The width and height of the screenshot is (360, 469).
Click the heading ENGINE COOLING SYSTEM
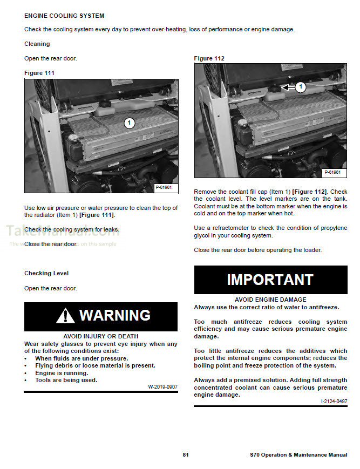pos(64,16)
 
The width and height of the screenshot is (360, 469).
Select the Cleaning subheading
pos(37,44)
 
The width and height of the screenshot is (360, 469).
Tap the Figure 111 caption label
pos(39,72)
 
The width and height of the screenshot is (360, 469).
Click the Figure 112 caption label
pos(209,58)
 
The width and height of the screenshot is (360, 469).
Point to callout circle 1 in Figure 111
pos(128,123)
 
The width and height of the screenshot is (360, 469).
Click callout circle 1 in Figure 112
pos(301,86)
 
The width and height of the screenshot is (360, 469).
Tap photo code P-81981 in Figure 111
pos(164,187)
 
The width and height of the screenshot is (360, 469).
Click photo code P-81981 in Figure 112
pos(334,172)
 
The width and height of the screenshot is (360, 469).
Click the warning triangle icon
pos(65,316)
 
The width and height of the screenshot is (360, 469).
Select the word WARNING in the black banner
pos(114,315)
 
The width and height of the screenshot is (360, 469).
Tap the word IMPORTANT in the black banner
pos(270,280)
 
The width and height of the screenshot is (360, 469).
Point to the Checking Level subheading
pos(46,273)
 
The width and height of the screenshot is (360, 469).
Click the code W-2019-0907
pos(162,387)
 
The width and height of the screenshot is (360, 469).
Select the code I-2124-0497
pos(334,402)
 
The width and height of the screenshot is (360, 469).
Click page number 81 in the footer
pos(186,455)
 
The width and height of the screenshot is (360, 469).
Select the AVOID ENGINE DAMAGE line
pos(270,300)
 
